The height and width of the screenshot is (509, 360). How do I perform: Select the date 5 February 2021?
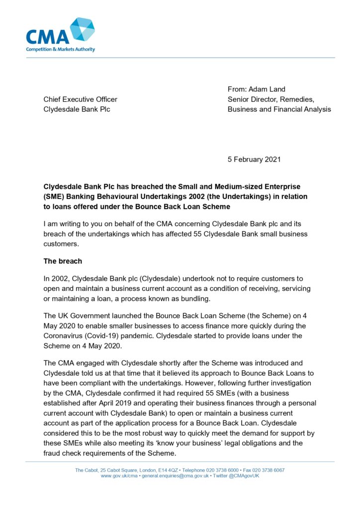[x=254, y=160]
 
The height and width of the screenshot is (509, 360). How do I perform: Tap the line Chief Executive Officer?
[x=80, y=99]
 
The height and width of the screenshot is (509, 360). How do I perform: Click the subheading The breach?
[x=63, y=261]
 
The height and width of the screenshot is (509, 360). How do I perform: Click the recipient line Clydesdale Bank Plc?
[x=77, y=109]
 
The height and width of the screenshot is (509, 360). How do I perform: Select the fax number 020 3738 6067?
[x=268, y=470]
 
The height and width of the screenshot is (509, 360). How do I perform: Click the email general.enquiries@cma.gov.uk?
[x=175, y=476]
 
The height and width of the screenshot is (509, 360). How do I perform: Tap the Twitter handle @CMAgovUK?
[x=244, y=476]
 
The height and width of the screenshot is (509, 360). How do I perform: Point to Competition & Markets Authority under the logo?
[x=61, y=49]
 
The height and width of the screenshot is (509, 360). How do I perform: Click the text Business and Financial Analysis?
[x=279, y=109]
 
